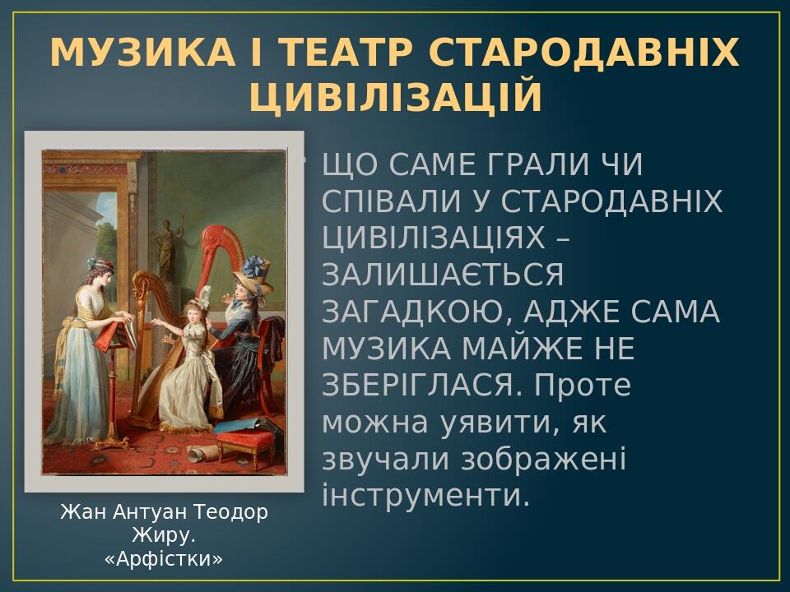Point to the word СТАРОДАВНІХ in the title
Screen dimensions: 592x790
[x=584, y=53]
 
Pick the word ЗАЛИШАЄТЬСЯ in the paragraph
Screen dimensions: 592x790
[x=443, y=275]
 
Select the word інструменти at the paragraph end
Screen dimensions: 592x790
[x=425, y=496]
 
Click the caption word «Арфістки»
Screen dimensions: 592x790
[x=164, y=560]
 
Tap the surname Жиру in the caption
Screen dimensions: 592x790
[x=162, y=536]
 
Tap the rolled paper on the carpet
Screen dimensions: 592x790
[x=199, y=453]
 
